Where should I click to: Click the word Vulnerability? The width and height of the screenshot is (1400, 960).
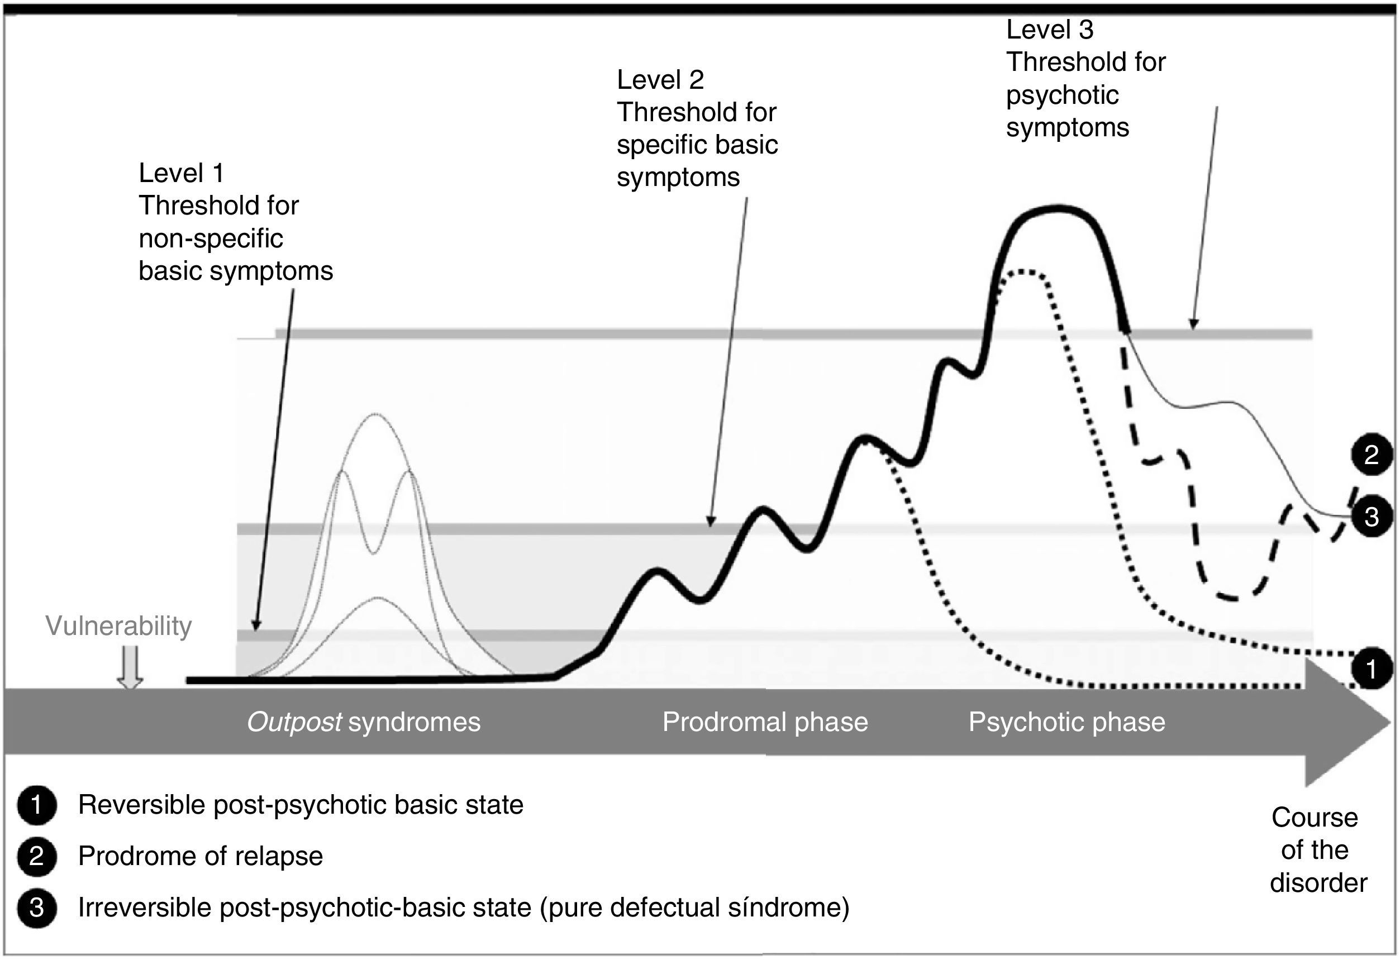(x=118, y=627)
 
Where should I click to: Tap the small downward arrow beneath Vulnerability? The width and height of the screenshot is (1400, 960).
(x=130, y=668)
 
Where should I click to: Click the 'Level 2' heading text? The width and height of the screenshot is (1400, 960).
(x=660, y=80)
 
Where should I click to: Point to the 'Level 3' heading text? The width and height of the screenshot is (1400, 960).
(x=1049, y=30)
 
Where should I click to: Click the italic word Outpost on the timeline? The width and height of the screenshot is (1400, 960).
(x=294, y=722)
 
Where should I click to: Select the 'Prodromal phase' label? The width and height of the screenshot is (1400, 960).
(x=765, y=722)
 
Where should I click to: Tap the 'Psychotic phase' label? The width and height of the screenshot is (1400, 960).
(x=1067, y=722)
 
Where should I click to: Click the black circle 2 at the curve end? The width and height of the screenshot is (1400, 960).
(x=1371, y=455)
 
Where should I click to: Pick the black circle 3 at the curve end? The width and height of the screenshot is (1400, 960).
(x=1371, y=517)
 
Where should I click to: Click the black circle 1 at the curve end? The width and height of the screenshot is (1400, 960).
(x=1371, y=669)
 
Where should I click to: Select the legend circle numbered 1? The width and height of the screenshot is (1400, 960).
(x=37, y=805)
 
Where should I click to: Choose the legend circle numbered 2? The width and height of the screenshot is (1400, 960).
(x=37, y=857)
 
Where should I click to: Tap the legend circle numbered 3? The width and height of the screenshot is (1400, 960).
(x=37, y=908)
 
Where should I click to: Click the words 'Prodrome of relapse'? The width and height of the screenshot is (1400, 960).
(x=201, y=857)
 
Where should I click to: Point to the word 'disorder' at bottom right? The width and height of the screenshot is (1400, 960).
(x=1318, y=883)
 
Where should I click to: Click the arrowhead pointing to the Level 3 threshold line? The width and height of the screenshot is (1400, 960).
(x=1193, y=324)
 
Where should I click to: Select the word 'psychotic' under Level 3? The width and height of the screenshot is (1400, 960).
(x=1062, y=95)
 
